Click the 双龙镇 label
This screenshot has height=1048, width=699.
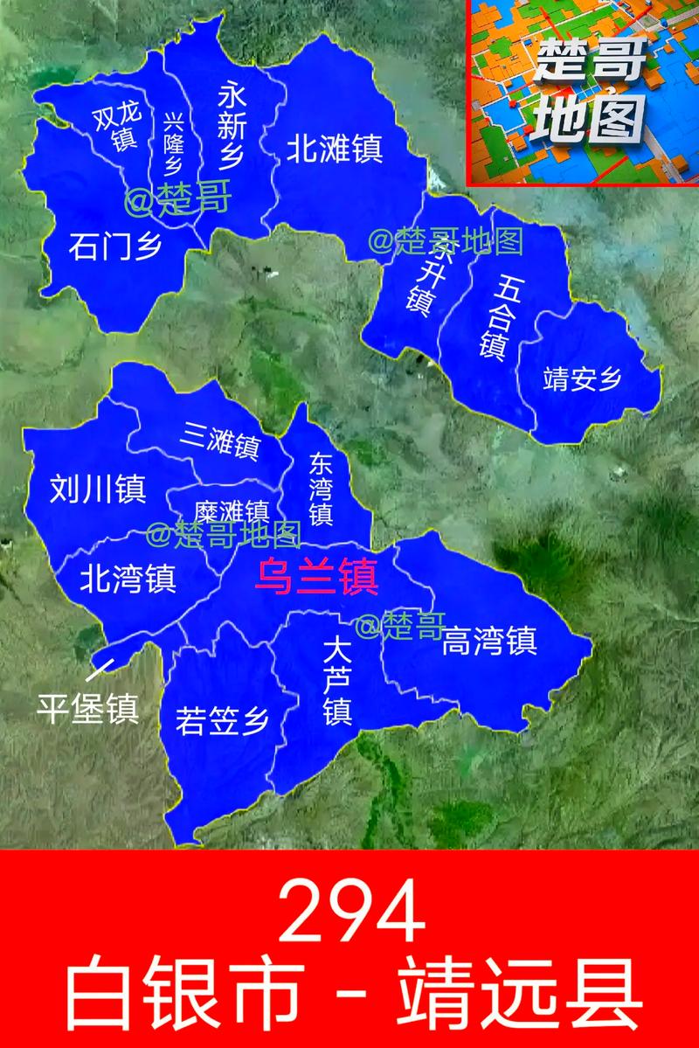point(116,129)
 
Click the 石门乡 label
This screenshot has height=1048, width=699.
point(115,247)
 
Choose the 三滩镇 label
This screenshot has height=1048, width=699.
point(222,441)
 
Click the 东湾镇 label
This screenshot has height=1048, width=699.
point(321,489)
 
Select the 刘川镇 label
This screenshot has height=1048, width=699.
point(98,489)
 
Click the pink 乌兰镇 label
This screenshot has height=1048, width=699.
point(315,577)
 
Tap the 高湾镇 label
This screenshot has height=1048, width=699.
point(489,642)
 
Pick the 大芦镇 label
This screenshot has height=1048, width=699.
point(336,681)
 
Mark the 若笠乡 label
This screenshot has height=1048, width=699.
point(222,721)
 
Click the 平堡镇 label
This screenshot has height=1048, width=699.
point(87,709)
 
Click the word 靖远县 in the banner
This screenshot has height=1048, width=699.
point(522,994)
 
